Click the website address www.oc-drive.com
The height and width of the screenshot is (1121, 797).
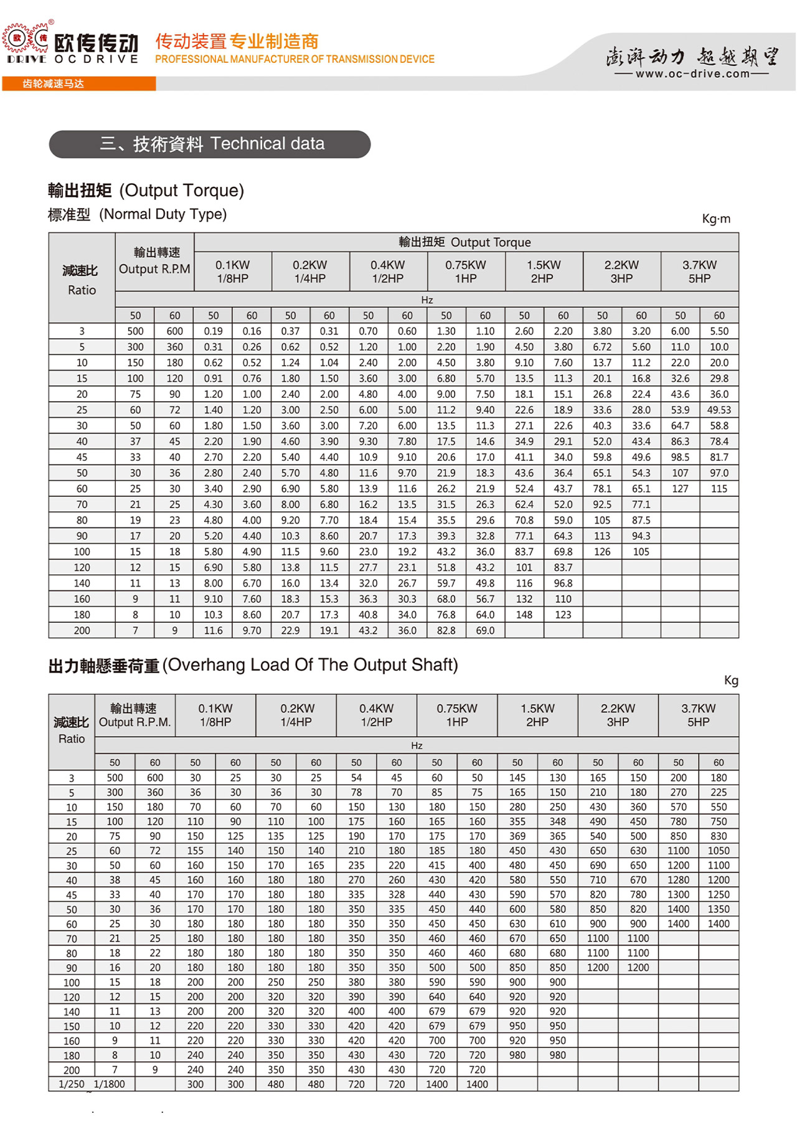[692, 74]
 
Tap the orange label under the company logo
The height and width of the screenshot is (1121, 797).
[78, 83]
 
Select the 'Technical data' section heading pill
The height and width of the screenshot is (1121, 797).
[210, 144]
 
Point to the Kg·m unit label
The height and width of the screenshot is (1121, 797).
[716, 219]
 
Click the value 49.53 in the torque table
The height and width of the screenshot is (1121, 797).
[719, 410]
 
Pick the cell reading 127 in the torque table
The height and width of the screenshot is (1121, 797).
[680, 489]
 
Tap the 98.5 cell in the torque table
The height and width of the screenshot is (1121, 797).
[680, 457]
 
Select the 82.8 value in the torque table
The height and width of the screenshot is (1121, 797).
[446, 630]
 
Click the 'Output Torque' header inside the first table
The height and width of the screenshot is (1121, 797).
[465, 242]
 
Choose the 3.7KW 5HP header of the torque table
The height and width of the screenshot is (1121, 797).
[699, 272]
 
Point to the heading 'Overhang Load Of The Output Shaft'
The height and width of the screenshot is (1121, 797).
[313, 665]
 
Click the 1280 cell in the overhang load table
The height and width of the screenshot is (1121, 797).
[678, 880]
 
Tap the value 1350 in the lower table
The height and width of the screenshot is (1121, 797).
[718, 909]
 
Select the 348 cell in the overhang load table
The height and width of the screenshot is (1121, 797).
[557, 821]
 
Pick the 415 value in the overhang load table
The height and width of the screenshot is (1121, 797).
[436, 865]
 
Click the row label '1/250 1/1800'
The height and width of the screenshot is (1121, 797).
[92, 1084]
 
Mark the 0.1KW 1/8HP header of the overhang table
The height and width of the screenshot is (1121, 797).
[215, 715]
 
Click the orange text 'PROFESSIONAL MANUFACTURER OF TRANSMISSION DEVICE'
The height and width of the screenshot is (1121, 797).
[295, 59]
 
